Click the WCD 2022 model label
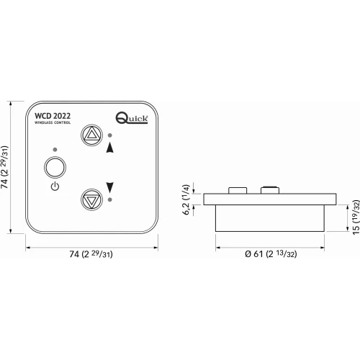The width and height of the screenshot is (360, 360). [x=53, y=116]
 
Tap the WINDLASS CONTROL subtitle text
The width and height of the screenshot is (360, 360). [x=53, y=122]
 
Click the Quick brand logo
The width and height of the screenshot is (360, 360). [x=132, y=118]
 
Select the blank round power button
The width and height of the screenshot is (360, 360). [x=55, y=168]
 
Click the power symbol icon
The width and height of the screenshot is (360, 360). [x=55, y=186]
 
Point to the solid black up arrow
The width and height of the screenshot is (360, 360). [x=110, y=148]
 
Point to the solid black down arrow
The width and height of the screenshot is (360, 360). [x=110, y=187]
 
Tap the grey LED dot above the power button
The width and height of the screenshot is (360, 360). [x=55, y=150]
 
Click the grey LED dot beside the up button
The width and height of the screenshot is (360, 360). [x=110, y=135]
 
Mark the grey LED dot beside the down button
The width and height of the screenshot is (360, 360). [x=110, y=199]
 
